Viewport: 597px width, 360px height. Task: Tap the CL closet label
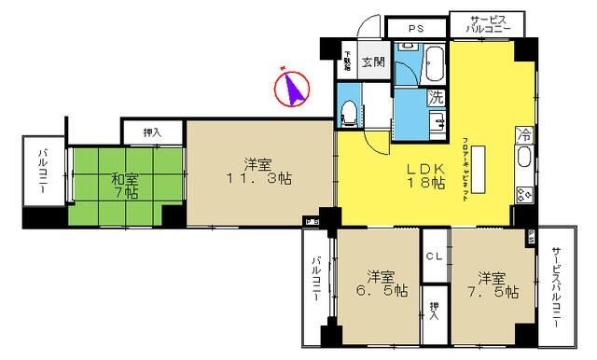(x=434, y=255)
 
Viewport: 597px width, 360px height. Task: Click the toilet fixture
(x=349, y=114)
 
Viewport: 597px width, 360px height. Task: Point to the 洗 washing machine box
(x=436, y=96)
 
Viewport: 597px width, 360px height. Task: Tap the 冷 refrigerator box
(x=524, y=134)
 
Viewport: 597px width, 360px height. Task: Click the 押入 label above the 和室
(x=151, y=132)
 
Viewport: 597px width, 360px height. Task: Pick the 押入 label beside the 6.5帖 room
(x=434, y=311)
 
